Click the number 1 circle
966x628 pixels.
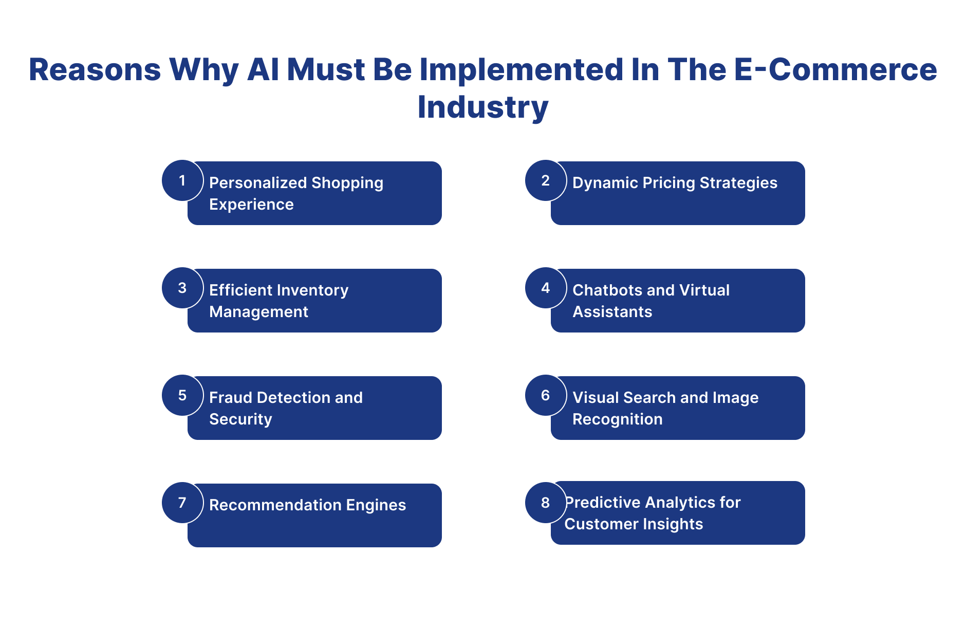pyautogui.click(x=182, y=180)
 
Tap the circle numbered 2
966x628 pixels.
pyautogui.click(x=546, y=180)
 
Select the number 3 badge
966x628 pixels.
pyautogui.click(x=182, y=288)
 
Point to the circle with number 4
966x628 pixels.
pyautogui.click(x=546, y=288)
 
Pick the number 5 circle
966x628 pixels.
pyautogui.click(x=182, y=395)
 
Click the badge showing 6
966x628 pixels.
pyautogui.click(x=546, y=395)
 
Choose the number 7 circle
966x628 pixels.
pyautogui.click(x=182, y=503)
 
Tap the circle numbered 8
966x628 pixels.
pyautogui.click(x=546, y=503)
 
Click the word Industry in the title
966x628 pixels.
pyautogui.click(x=483, y=108)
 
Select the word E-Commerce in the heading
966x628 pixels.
pyautogui.click(x=835, y=69)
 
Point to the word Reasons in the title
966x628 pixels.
pyautogui.click(x=95, y=69)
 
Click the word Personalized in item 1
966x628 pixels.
pyautogui.click(x=258, y=183)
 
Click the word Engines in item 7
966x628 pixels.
pyautogui.click(x=376, y=505)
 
